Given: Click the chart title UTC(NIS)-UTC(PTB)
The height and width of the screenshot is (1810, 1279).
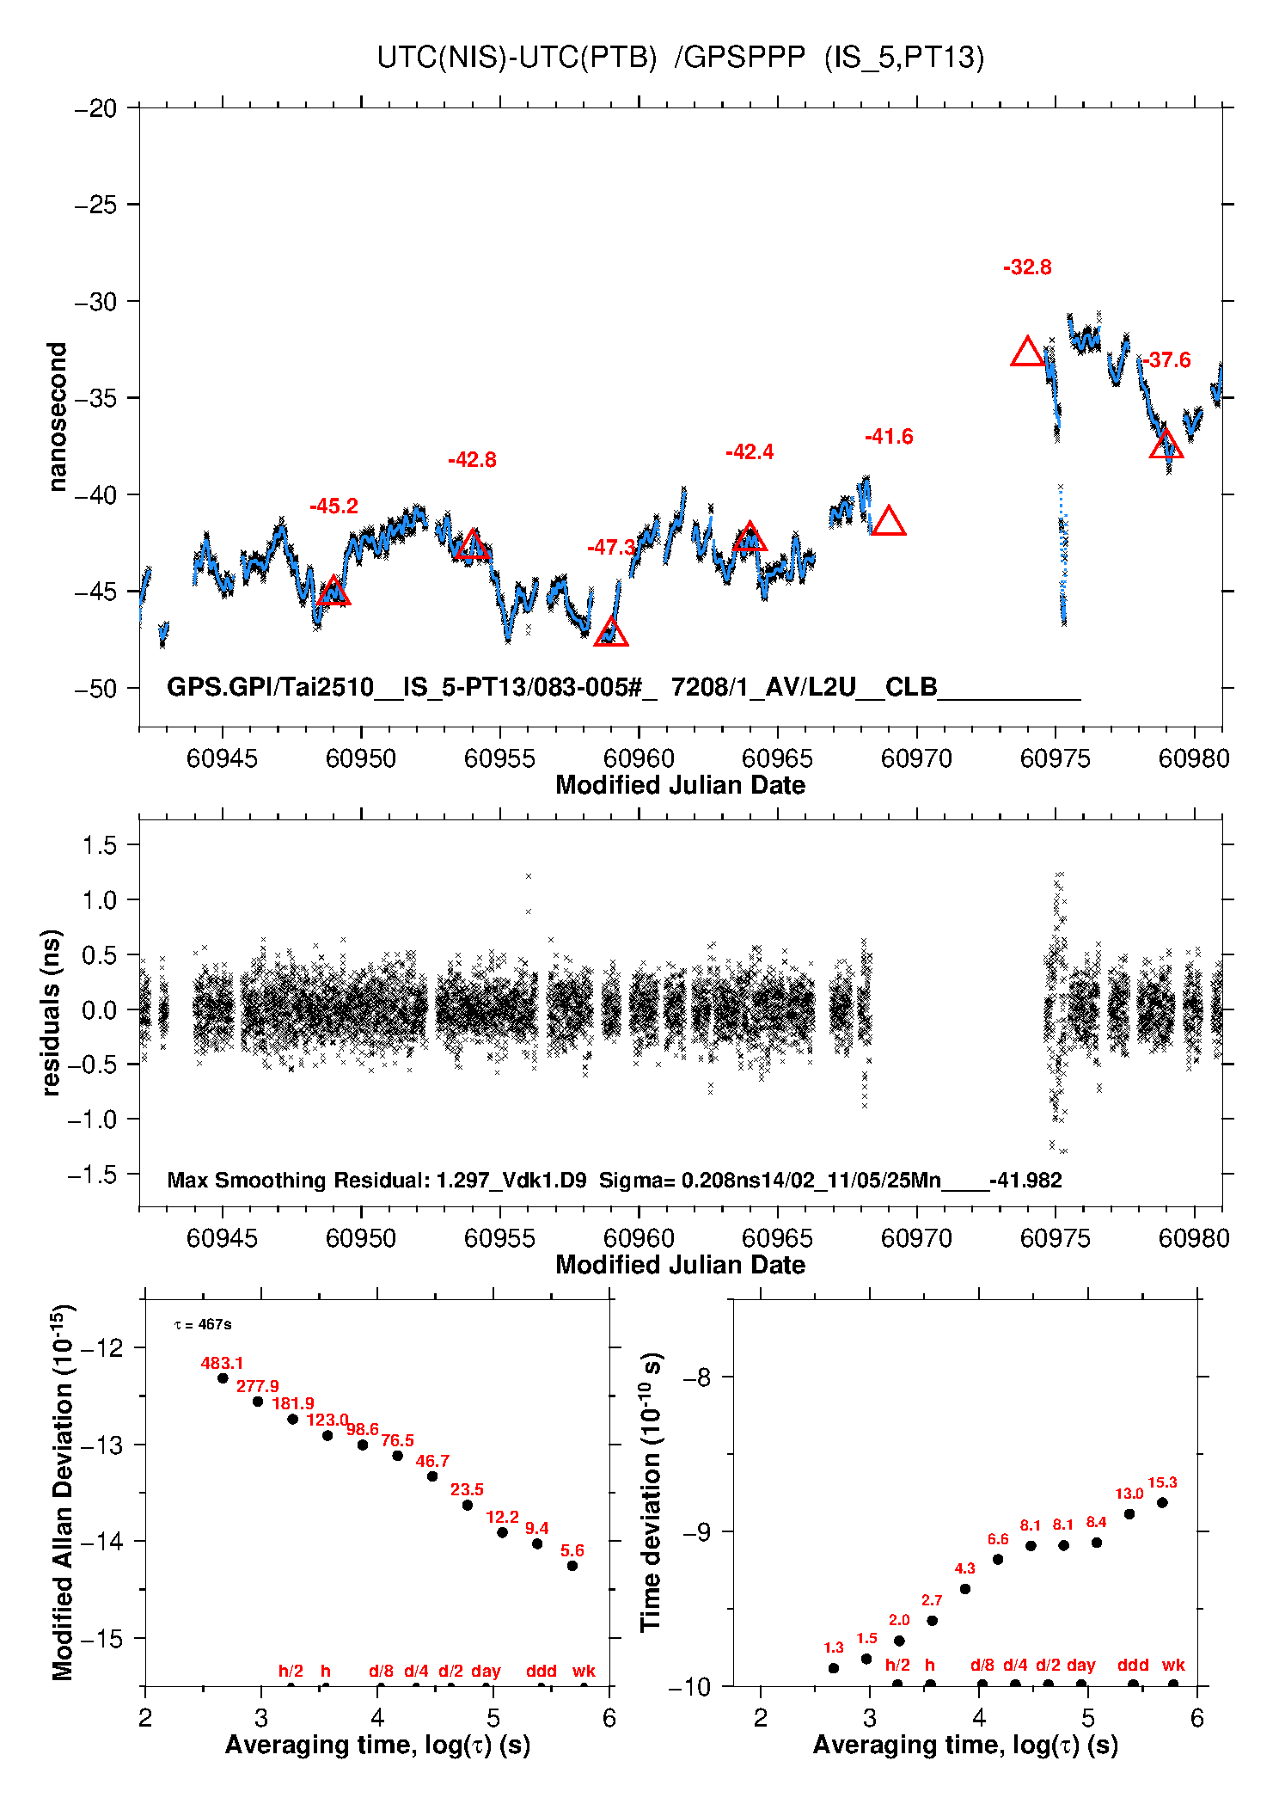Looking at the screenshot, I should click(517, 58).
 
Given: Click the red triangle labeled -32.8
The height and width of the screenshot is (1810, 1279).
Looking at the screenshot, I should click(1027, 353).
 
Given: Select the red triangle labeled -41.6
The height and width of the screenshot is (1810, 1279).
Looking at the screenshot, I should click(888, 522).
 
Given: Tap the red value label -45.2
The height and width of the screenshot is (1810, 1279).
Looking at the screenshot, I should click(334, 506).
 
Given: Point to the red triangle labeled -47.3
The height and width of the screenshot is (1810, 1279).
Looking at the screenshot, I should click(611, 633).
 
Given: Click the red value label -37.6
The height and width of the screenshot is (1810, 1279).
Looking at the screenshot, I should click(1166, 360).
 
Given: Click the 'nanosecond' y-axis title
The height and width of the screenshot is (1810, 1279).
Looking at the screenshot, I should click(57, 417).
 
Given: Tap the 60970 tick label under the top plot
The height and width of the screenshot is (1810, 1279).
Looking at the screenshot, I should click(916, 758).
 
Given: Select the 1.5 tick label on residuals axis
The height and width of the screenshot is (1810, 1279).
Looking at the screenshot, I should click(99, 845).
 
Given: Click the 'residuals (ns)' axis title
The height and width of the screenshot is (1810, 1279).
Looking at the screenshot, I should click(52, 1012).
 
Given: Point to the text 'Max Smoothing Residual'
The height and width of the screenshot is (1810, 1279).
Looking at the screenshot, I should click(297, 1180).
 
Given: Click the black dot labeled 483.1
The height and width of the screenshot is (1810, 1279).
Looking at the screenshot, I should click(223, 1378).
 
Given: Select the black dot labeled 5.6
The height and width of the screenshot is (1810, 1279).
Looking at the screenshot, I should click(572, 1566).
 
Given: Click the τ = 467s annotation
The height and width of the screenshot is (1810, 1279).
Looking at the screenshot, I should click(203, 1324).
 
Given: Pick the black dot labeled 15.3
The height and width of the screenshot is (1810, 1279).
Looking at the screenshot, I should click(1162, 1503).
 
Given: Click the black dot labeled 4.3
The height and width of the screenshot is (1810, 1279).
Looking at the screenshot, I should click(964, 1589).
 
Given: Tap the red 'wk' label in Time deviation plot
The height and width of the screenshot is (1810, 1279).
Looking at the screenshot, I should click(1173, 1665).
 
